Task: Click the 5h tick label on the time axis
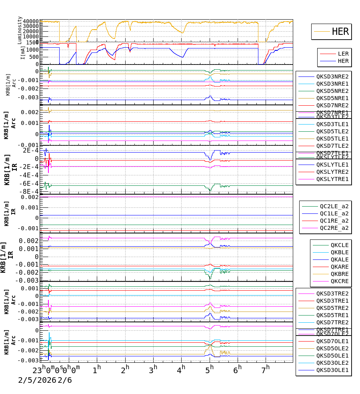(x=210, y=369)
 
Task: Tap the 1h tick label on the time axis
(x=96, y=369)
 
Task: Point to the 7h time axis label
(x=266, y=369)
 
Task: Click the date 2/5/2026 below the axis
(x=37, y=380)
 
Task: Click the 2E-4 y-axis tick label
(x=30, y=151)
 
